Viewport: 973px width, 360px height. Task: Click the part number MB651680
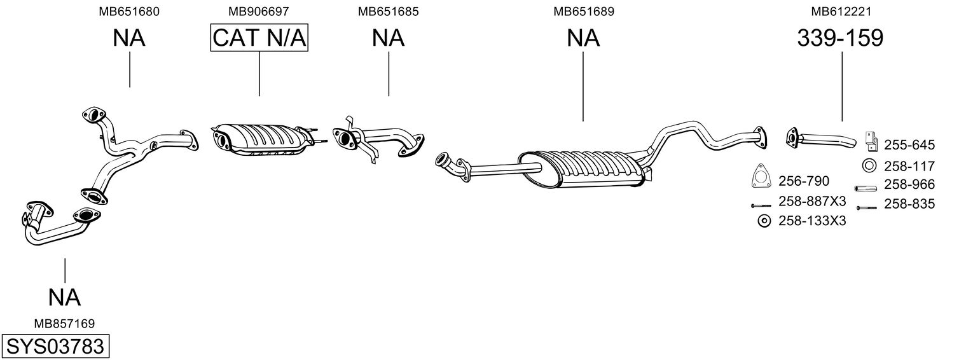tap(129, 11)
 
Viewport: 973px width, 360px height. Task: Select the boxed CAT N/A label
tap(259, 38)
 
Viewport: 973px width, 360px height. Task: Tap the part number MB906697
tap(259, 11)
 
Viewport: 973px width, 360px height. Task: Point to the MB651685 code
tap(388, 11)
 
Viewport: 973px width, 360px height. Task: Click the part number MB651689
tap(583, 11)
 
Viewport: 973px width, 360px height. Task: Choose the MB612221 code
tap(841, 11)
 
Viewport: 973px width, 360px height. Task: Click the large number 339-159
tap(841, 38)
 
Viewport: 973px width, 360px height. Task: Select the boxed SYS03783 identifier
tap(55, 347)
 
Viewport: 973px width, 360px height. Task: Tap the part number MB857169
tap(64, 324)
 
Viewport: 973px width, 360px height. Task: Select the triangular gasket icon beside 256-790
tap(759, 177)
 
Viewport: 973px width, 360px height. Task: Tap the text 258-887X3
tap(812, 202)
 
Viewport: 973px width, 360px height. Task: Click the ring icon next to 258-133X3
tap(764, 221)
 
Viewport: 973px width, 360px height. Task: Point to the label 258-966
tap(909, 185)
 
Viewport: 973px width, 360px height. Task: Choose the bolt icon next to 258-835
tap(867, 207)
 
